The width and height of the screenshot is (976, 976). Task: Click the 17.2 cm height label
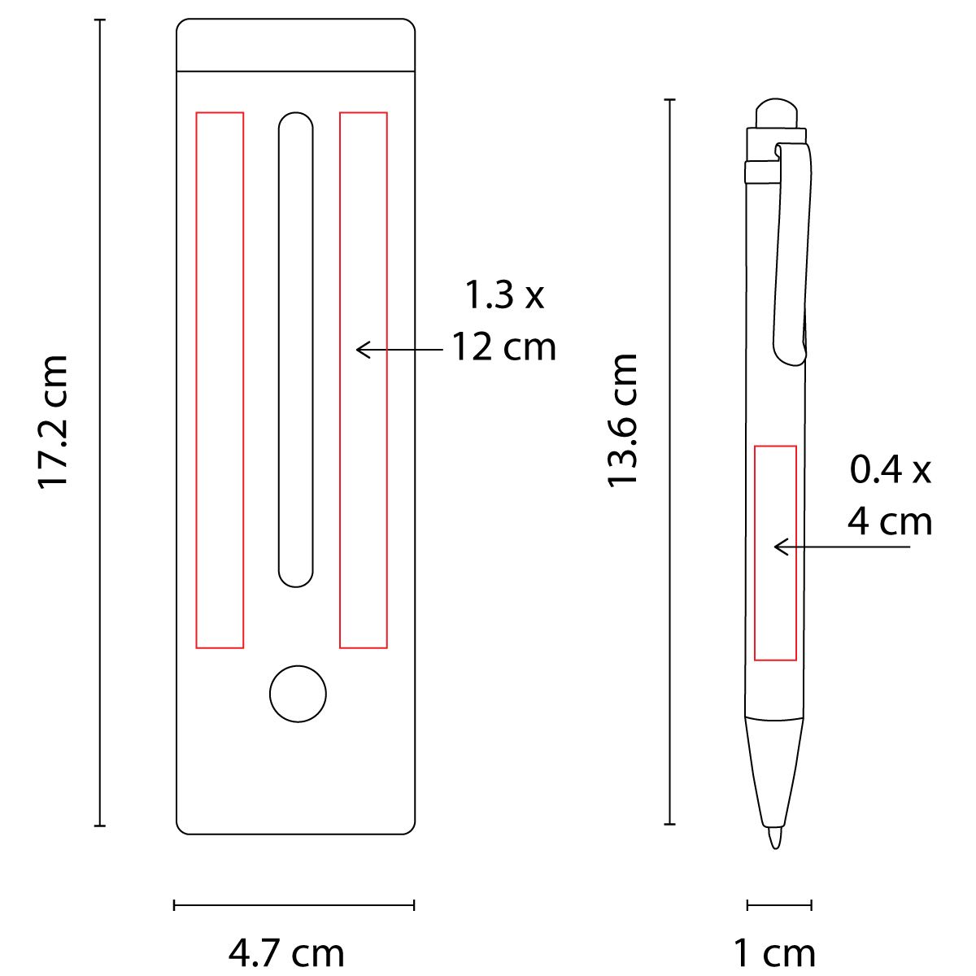coord(52,422)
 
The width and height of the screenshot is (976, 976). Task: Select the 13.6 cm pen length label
coord(621,420)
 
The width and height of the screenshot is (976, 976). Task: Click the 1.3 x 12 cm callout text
coord(504,321)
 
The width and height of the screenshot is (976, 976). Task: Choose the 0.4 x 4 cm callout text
coord(890,495)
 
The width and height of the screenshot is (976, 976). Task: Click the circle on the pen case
coord(298,694)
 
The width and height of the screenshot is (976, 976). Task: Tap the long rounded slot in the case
coord(296,350)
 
